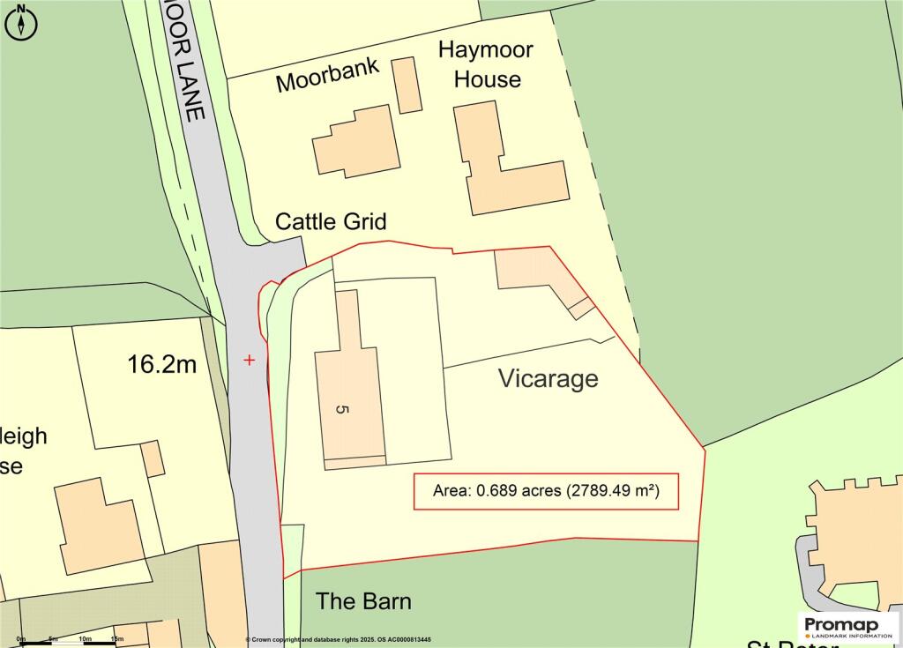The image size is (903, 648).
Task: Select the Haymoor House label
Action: point(486,64)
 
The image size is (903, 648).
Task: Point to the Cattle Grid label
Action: point(331,220)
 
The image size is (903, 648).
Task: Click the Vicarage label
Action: point(548,378)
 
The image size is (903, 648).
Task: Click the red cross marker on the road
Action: point(250,360)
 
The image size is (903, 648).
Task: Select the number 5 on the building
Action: point(342,409)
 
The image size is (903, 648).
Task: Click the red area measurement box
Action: point(547,491)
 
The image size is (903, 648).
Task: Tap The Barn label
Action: point(363,601)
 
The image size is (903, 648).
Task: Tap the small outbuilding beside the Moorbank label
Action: point(407,85)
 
